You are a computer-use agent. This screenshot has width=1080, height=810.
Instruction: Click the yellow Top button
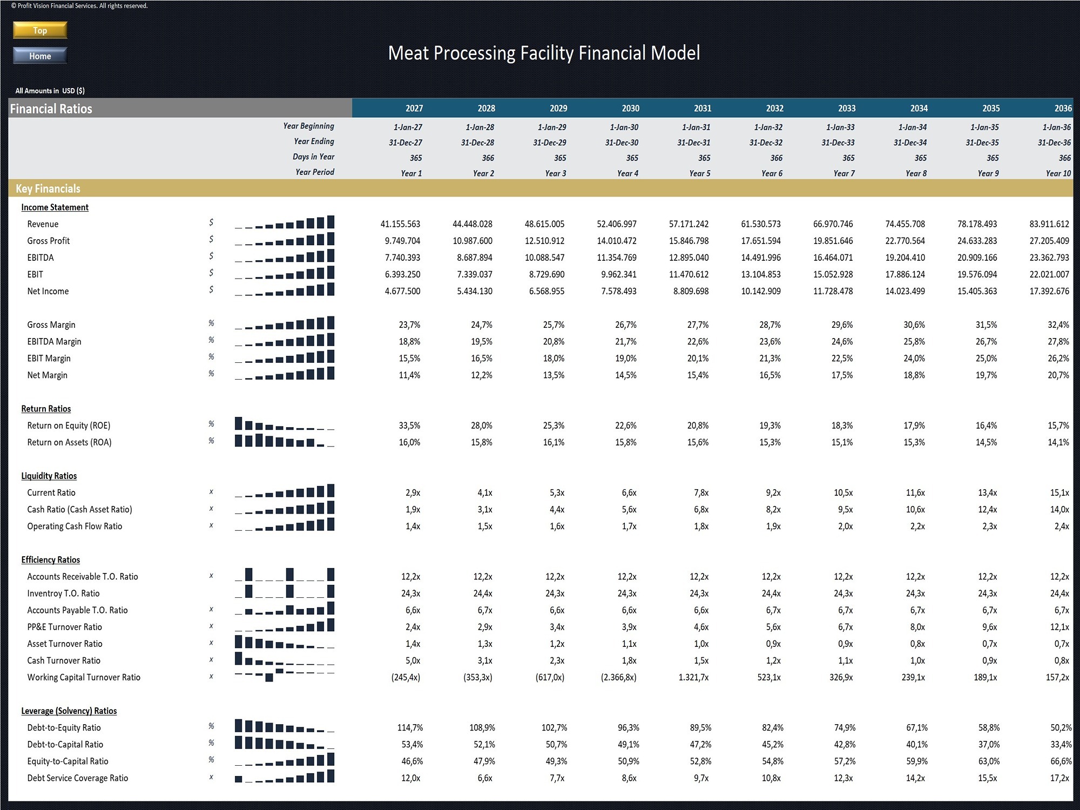pos(40,30)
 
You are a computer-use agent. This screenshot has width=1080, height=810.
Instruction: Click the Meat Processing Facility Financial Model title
pos(544,53)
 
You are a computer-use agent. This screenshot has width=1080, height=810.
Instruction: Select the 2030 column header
pos(630,108)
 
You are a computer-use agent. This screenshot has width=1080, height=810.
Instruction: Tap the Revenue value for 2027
pos(400,224)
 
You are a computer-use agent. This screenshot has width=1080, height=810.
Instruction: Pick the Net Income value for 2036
pos(1049,291)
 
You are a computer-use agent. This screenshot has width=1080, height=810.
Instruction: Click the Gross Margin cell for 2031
pos(698,325)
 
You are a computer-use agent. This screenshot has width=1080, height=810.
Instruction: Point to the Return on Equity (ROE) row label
pos(69,426)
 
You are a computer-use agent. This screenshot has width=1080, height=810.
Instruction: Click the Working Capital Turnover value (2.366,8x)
pos(618,677)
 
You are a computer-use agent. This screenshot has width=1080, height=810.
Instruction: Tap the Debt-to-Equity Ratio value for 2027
pos(410,727)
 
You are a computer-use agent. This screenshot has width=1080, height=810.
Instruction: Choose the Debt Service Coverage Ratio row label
pos(78,778)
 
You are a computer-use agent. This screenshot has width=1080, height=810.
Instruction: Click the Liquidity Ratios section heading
pos(49,476)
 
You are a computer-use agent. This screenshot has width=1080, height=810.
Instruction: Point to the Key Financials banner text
pos(48,188)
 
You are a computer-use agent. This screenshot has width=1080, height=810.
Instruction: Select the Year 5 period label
pos(700,173)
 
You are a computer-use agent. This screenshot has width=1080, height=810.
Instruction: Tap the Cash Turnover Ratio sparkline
pos(285,659)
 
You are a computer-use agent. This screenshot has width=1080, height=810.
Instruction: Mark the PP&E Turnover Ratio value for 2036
pos(1059,627)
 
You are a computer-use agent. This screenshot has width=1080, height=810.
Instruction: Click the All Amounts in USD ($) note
pos(50,91)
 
